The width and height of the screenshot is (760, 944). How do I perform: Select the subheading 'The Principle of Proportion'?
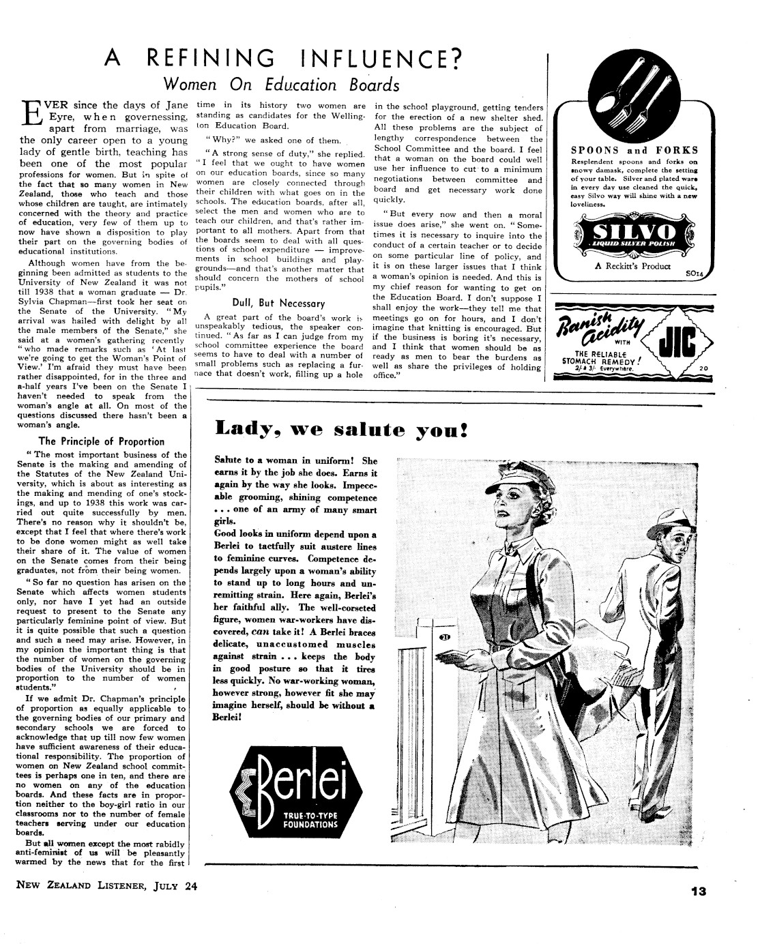coord(102,441)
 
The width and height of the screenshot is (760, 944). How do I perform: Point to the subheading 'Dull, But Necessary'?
coord(279,303)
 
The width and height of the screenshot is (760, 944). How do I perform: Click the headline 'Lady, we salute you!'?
coord(341,430)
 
